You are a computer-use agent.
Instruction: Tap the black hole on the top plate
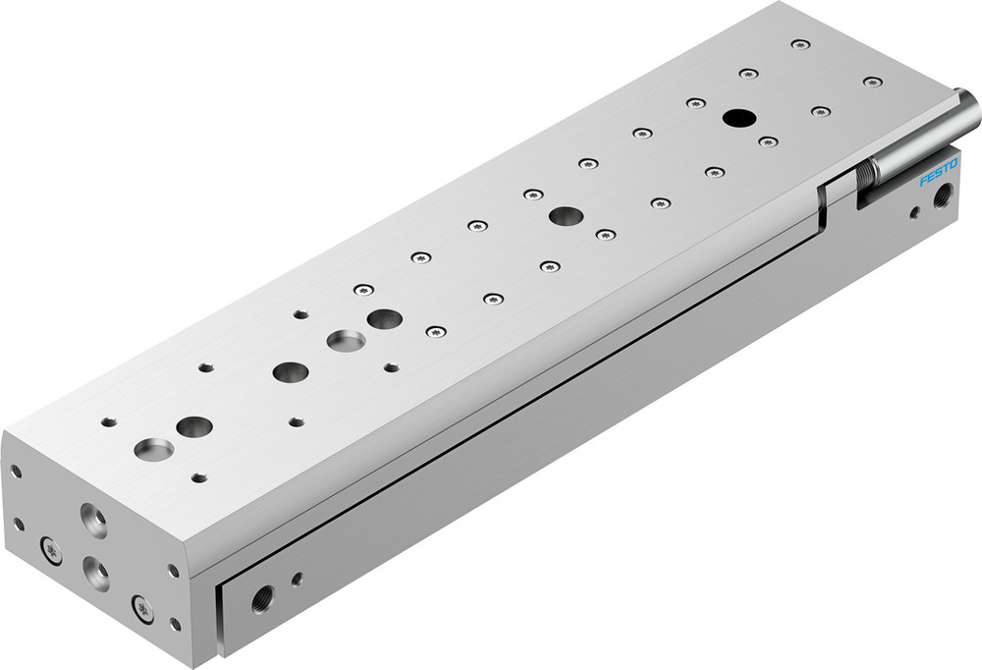point(737,118)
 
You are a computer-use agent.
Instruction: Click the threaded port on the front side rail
point(262,596)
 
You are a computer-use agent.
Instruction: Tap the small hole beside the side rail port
point(297,580)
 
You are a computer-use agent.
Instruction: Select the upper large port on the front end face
point(94,520)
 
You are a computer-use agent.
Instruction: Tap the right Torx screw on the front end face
point(143,609)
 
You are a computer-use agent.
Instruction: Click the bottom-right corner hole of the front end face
point(175,623)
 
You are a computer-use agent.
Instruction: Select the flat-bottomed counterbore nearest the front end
point(153,450)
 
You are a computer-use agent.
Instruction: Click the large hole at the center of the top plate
point(565,216)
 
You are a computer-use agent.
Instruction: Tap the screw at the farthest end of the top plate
point(800,44)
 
